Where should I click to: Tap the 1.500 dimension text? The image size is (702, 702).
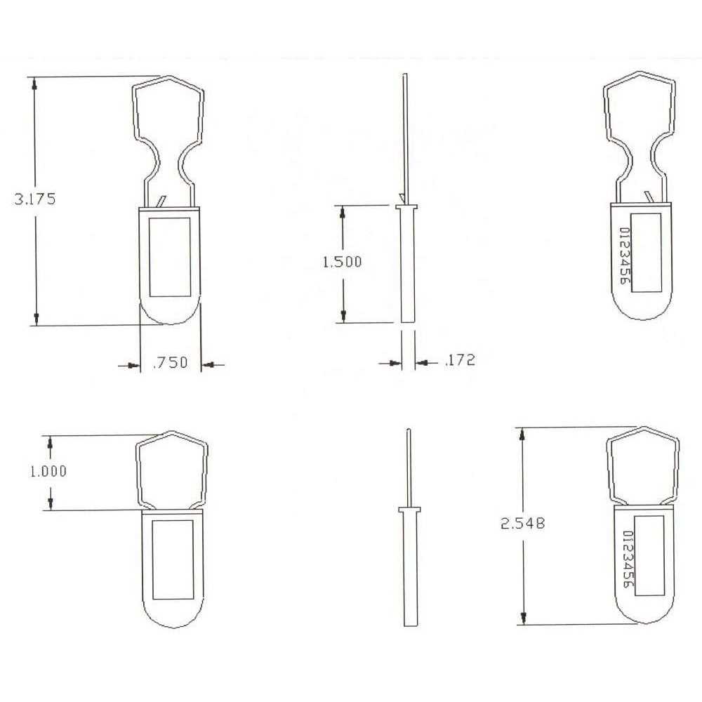(x=342, y=262)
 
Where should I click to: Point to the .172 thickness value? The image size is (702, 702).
(x=460, y=361)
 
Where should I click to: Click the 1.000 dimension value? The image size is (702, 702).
(x=48, y=471)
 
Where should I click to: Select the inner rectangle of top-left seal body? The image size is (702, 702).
(x=171, y=256)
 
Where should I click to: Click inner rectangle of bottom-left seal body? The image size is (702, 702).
(x=173, y=559)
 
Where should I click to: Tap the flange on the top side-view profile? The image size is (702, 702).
(x=406, y=207)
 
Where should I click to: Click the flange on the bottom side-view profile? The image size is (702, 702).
(x=408, y=508)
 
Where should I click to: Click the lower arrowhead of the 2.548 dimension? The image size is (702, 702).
(x=522, y=618)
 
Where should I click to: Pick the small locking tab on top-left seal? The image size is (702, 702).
(x=162, y=201)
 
